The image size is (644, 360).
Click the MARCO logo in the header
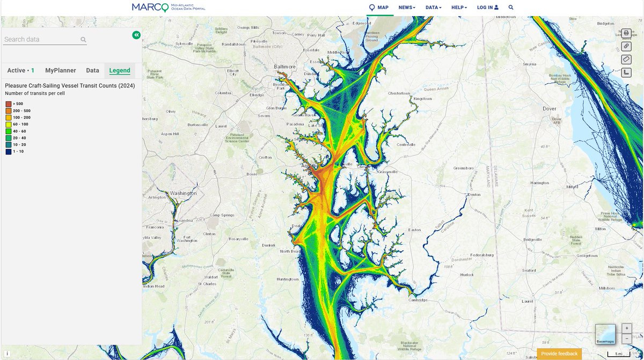[168, 8]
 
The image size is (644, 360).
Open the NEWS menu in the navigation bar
[406, 8]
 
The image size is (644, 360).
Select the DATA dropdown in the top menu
[433, 8]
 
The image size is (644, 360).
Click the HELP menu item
[459, 8]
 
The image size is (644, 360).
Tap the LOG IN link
[487, 8]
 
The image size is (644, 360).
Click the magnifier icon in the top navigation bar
[511, 8]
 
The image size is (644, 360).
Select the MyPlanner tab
[61, 70]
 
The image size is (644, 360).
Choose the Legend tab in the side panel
[120, 70]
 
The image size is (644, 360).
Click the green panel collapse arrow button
[136, 35]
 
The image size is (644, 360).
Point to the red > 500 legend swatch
[9, 104]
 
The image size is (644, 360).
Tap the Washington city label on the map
[183, 193]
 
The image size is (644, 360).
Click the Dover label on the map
[550, 108]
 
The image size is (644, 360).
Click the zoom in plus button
[626, 328]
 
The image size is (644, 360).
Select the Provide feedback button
[559, 354]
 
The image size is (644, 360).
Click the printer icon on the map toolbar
[626, 33]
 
